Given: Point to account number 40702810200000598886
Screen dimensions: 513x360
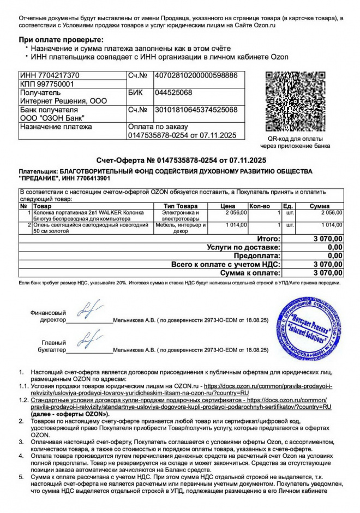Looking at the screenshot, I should tap(196, 75).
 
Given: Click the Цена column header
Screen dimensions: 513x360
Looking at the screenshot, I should tap(227, 206).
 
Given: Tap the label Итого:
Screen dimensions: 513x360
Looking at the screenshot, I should tap(268, 238).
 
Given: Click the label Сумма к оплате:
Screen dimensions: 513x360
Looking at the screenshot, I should tap(250, 272).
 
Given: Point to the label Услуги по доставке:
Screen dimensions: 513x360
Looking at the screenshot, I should tap(244, 247).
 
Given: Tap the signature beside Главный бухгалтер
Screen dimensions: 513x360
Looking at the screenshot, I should tap(88, 341).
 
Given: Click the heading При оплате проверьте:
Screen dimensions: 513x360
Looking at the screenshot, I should tap(61, 40).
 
